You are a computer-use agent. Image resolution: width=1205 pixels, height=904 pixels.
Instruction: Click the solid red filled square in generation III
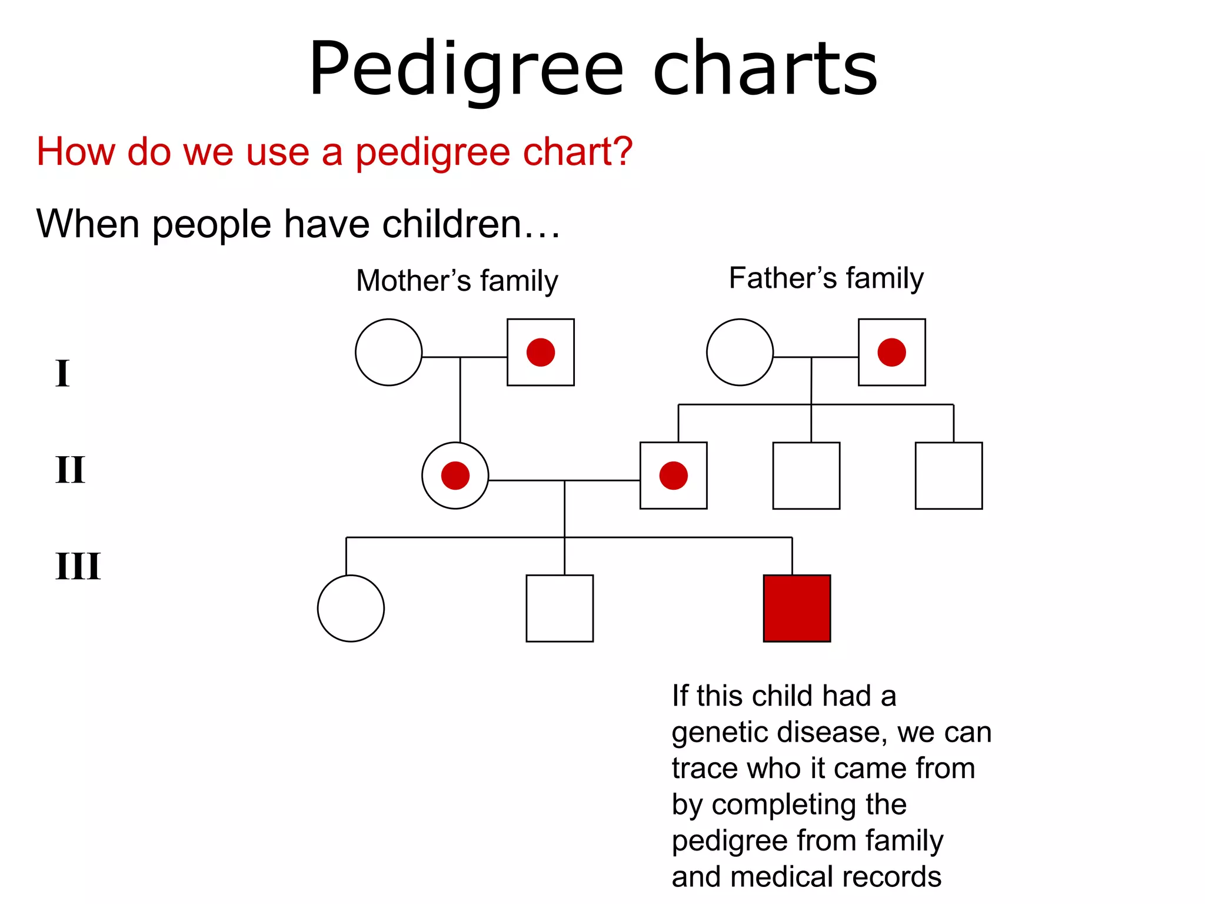pos(797,608)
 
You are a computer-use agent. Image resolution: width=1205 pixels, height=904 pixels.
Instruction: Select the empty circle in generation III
pos(351,608)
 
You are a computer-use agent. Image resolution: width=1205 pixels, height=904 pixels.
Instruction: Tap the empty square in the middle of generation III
pos(560,608)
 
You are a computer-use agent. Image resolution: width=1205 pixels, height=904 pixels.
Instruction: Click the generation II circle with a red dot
pos(455,476)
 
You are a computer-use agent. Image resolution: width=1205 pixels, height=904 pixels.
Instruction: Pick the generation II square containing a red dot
pos(674,476)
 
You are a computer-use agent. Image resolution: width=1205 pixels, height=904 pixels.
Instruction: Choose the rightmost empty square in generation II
pos(948,476)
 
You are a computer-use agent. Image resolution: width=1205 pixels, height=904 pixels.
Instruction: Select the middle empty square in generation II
pos(806,476)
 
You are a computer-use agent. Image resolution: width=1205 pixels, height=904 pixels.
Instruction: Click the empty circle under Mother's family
pos(389,353)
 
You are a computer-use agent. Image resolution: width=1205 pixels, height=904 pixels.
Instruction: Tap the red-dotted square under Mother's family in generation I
pos(541,353)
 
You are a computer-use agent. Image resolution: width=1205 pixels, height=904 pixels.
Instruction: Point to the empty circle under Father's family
pos(740,353)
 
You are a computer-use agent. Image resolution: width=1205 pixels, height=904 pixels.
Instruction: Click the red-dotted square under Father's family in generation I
pos(891,353)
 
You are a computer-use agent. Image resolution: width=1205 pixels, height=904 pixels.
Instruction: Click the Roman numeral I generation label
pos(62,373)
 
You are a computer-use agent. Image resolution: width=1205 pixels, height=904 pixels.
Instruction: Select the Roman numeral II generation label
pos(70,470)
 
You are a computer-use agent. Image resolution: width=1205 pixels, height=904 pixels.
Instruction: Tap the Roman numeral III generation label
pos(78,566)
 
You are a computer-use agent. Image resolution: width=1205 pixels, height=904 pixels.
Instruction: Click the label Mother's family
pos(457,281)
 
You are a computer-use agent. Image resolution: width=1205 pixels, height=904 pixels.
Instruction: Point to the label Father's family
pos(826,278)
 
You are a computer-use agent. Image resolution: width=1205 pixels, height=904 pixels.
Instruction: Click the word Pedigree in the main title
pos(465,69)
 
